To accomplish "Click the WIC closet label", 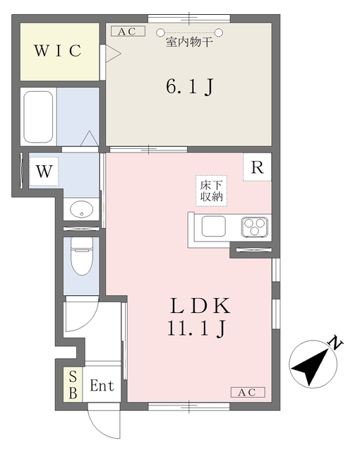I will pyautogui.click(x=59, y=52).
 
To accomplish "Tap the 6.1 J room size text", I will pyautogui.click(x=189, y=87).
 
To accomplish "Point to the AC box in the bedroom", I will pyautogui.click(x=127, y=31).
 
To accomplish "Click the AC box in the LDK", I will pyautogui.click(x=247, y=393).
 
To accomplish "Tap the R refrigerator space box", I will pyautogui.click(x=258, y=168).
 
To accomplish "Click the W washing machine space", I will pyautogui.click(x=44, y=171).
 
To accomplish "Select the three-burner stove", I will pyautogui.click(x=254, y=227).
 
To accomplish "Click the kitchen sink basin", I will pyautogui.click(x=213, y=227).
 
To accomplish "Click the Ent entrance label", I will pyautogui.click(x=102, y=386).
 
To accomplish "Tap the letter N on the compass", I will pyautogui.click(x=337, y=345).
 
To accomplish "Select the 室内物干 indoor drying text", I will pyautogui.click(x=189, y=43).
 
